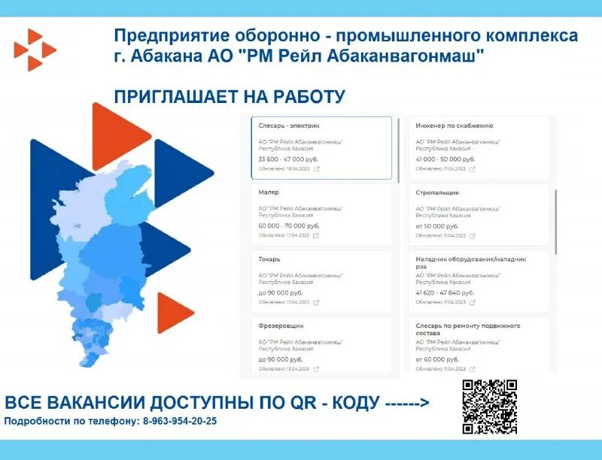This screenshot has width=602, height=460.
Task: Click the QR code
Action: tap(489, 406)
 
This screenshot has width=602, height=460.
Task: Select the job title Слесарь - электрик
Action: tap(289, 126)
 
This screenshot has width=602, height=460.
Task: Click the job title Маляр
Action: tap(269, 192)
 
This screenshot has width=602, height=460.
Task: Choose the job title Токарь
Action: tap(269, 259)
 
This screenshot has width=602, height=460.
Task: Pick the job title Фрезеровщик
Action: tap(281, 325)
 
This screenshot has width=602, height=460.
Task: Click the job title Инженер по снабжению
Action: tap(455, 126)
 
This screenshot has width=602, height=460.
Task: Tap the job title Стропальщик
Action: tap(437, 192)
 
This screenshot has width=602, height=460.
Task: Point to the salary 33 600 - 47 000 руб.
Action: tap(288, 159)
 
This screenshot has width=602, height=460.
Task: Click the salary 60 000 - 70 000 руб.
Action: tap(289, 225)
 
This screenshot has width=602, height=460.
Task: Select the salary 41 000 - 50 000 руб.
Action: tap(445, 159)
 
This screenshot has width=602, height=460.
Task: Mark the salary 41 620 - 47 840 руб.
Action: tap(445, 292)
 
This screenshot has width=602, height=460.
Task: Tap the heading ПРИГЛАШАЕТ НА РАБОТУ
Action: tap(230, 96)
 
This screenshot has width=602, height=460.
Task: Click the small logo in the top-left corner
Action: tap(34, 50)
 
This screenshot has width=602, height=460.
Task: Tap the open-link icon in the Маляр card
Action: tap(316, 235)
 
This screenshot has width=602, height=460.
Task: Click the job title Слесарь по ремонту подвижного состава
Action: tap(467, 329)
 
